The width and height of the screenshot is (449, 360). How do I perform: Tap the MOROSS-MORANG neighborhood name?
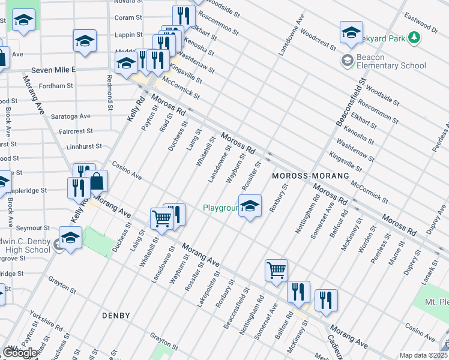click(310, 176)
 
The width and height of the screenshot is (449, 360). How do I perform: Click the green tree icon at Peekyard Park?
click(414, 38)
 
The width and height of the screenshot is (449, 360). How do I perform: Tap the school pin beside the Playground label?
click(250, 206)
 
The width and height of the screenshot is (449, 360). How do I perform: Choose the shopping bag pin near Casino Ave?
click(96, 181)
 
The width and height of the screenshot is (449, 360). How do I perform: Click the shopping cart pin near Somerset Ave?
click(276, 270)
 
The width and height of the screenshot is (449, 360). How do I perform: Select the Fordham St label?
click(55, 86)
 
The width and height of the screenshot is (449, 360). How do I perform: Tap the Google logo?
click(20, 353)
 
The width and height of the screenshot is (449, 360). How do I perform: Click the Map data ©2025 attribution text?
click(423, 355)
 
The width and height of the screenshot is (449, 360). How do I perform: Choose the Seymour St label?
click(33, 228)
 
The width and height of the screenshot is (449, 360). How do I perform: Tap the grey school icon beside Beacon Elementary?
click(347, 60)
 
